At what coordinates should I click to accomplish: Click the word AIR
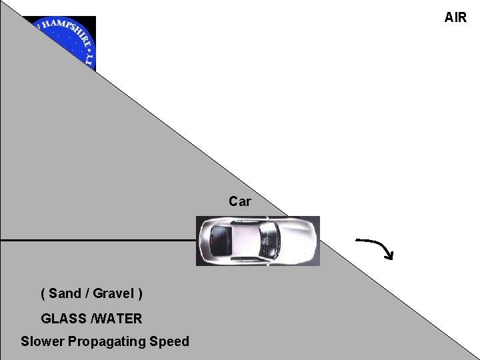455,17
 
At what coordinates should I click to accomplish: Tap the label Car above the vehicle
239,201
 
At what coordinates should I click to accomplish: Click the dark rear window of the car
219,237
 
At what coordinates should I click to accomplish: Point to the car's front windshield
269,238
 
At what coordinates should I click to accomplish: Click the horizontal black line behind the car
100,239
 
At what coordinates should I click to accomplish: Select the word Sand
65,293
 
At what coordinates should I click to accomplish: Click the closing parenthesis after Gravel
140,293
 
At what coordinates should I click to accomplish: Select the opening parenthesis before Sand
43,293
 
